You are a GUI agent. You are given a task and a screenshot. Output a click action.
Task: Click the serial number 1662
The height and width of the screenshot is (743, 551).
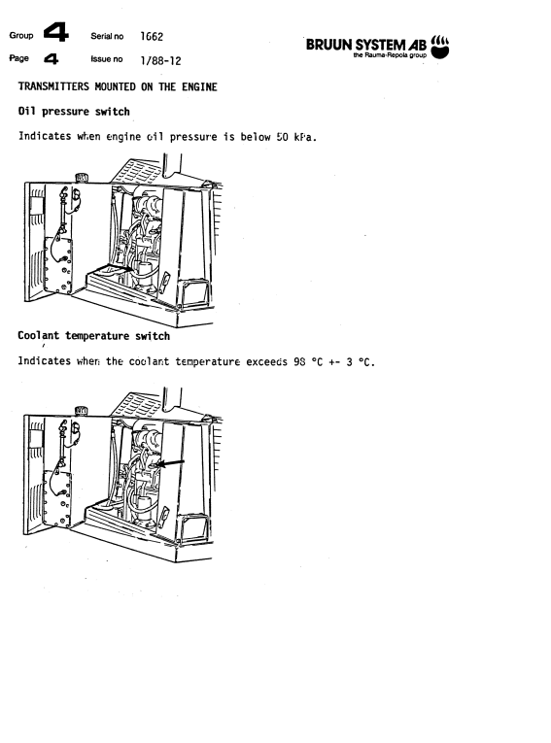tap(152, 37)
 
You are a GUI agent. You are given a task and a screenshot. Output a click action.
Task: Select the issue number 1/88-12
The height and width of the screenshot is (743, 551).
tap(160, 60)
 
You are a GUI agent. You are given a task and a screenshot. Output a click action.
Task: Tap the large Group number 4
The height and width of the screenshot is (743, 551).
tap(56, 33)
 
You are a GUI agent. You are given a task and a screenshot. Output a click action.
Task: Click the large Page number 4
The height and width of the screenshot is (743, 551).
tap(52, 58)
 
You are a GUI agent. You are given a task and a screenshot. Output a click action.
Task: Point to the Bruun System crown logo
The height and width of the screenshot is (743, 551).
tap(439, 47)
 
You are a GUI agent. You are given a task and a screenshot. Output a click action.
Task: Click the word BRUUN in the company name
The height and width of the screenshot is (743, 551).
tap(329, 45)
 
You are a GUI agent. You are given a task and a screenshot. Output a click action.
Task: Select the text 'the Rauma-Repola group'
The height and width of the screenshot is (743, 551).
tap(390, 55)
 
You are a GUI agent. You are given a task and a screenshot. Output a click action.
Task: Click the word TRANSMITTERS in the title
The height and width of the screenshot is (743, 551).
tap(53, 86)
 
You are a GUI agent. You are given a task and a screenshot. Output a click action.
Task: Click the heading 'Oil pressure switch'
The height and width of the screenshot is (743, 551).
tap(74, 112)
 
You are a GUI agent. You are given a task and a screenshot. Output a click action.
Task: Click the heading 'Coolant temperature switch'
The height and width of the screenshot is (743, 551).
tap(94, 336)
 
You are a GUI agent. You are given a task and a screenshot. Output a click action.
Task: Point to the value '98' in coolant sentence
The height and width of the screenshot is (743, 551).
tap(299, 362)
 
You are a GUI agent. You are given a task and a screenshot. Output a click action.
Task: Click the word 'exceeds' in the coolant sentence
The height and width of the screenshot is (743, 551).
tap(266, 362)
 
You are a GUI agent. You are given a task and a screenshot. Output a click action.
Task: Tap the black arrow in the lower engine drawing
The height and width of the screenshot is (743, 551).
tap(170, 463)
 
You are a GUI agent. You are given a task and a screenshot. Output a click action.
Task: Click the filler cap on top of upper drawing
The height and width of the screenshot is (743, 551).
tap(82, 178)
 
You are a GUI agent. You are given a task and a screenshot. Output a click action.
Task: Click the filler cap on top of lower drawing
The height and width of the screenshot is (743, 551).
tap(81, 411)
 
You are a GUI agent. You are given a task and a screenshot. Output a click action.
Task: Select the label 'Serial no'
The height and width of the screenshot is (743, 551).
tap(107, 37)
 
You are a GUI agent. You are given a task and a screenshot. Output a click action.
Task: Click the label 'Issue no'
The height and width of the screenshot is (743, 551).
tap(107, 59)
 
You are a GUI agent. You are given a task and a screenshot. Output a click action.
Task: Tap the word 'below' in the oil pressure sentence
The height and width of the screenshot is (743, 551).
tap(256, 137)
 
